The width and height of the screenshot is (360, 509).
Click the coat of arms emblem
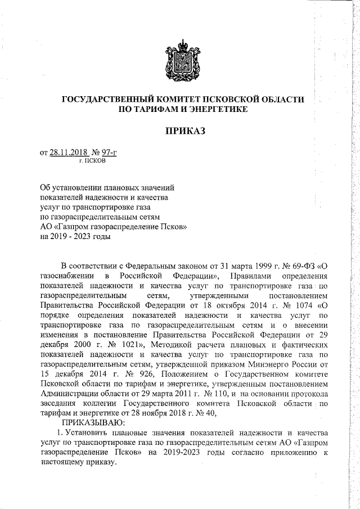point(183,60)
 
